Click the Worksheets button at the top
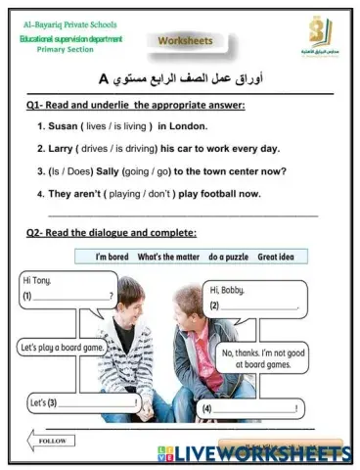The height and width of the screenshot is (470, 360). click(x=185, y=41)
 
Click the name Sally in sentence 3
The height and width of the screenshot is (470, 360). click(x=113, y=171)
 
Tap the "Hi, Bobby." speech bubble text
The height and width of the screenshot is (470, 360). click(x=227, y=290)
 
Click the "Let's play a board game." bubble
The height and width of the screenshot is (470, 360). click(x=68, y=346)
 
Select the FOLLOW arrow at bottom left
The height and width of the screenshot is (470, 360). click(x=49, y=441)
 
